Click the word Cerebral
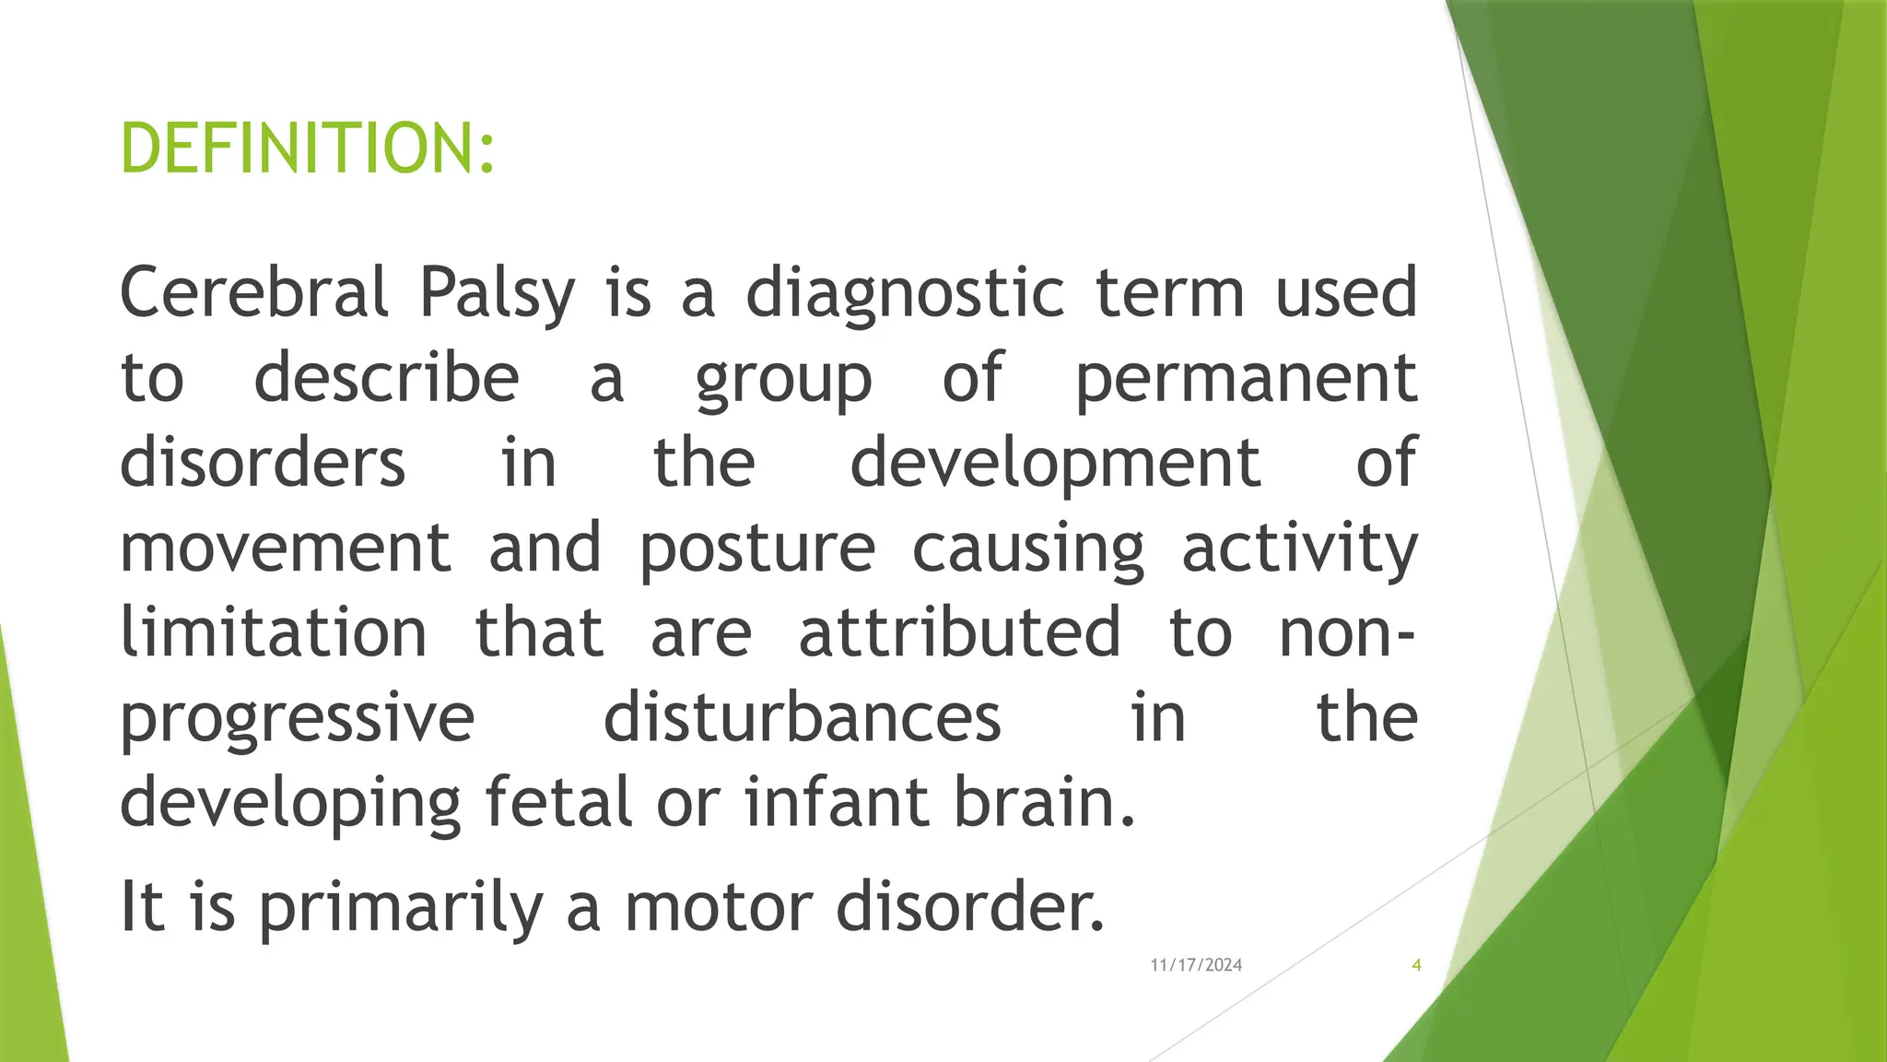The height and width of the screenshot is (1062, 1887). point(254,292)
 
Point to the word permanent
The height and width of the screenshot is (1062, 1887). point(1246,380)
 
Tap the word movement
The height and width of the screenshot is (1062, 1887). point(286,548)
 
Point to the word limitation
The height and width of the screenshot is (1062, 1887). point(274,631)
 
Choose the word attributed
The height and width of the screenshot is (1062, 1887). point(959,631)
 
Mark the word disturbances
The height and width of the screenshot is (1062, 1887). point(802,717)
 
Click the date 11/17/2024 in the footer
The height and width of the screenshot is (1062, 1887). point(1196,965)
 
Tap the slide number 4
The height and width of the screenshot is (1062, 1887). point(1416,965)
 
